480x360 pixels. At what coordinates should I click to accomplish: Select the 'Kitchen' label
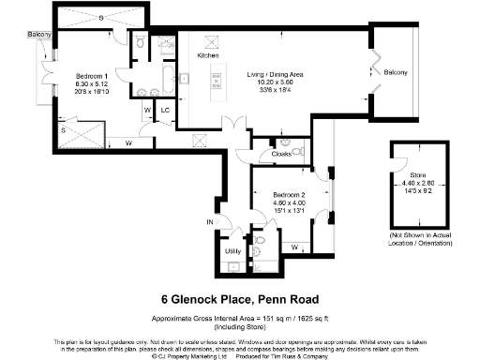tap(207, 55)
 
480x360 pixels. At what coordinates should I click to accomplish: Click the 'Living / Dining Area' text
tap(272, 74)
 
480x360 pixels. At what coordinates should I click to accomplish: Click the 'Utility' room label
tap(233, 251)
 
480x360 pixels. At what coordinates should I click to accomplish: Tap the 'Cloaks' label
tap(280, 153)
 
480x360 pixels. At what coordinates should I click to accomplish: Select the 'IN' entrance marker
tap(211, 222)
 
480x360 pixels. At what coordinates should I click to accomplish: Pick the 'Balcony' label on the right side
tap(396, 73)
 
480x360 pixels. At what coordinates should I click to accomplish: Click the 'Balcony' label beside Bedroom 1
tap(38, 36)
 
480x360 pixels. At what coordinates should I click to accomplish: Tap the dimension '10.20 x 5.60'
tap(272, 82)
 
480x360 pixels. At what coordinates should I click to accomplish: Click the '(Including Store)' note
tap(239, 324)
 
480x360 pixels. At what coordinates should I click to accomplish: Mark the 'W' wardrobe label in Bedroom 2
tap(296, 247)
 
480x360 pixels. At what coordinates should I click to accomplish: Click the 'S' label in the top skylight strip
tap(98, 18)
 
